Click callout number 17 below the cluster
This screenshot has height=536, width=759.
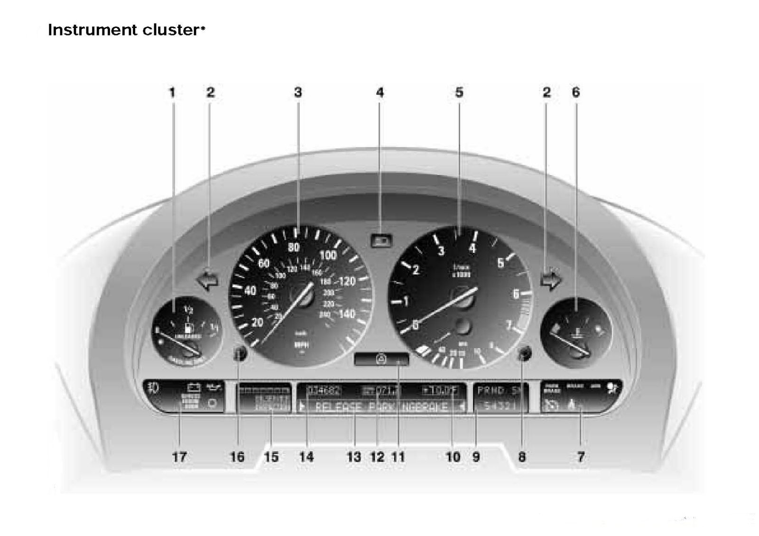(179, 457)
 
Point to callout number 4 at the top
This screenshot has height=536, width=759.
(379, 92)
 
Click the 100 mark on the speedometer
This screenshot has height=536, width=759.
(328, 255)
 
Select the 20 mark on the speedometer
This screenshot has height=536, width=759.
(257, 323)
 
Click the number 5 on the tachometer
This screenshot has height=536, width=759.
(500, 263)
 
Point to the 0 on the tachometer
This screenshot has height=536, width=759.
(416, 325)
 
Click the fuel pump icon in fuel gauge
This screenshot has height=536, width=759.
(189, 327)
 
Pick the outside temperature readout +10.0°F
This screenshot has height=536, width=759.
(440, 391)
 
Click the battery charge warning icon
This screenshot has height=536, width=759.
(194, 388)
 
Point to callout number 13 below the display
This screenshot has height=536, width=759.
(354, 457)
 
